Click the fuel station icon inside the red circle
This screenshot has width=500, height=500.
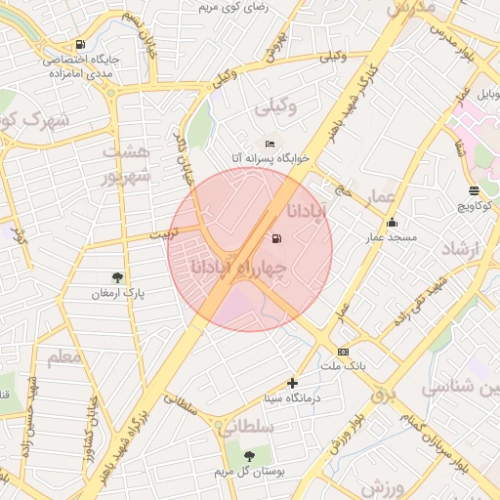[x=277, y=239]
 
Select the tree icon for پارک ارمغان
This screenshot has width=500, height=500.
[x=118, y=278]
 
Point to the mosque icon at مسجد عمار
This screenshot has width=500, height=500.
[x=393, y=222]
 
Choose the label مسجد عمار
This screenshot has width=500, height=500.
[x=392, y=237]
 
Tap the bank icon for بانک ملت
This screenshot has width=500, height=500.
[x=343, y=352]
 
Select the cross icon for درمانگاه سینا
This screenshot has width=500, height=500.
[x=292, y=383]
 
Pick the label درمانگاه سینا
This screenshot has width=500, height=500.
[x=292, y=398]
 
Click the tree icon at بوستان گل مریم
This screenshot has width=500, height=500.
[x=249, y=456]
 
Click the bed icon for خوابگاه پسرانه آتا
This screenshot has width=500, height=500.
[x=270, y=144]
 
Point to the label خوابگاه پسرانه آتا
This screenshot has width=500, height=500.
[x=270, y=157]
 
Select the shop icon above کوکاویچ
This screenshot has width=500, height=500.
[x=474, y=190]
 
